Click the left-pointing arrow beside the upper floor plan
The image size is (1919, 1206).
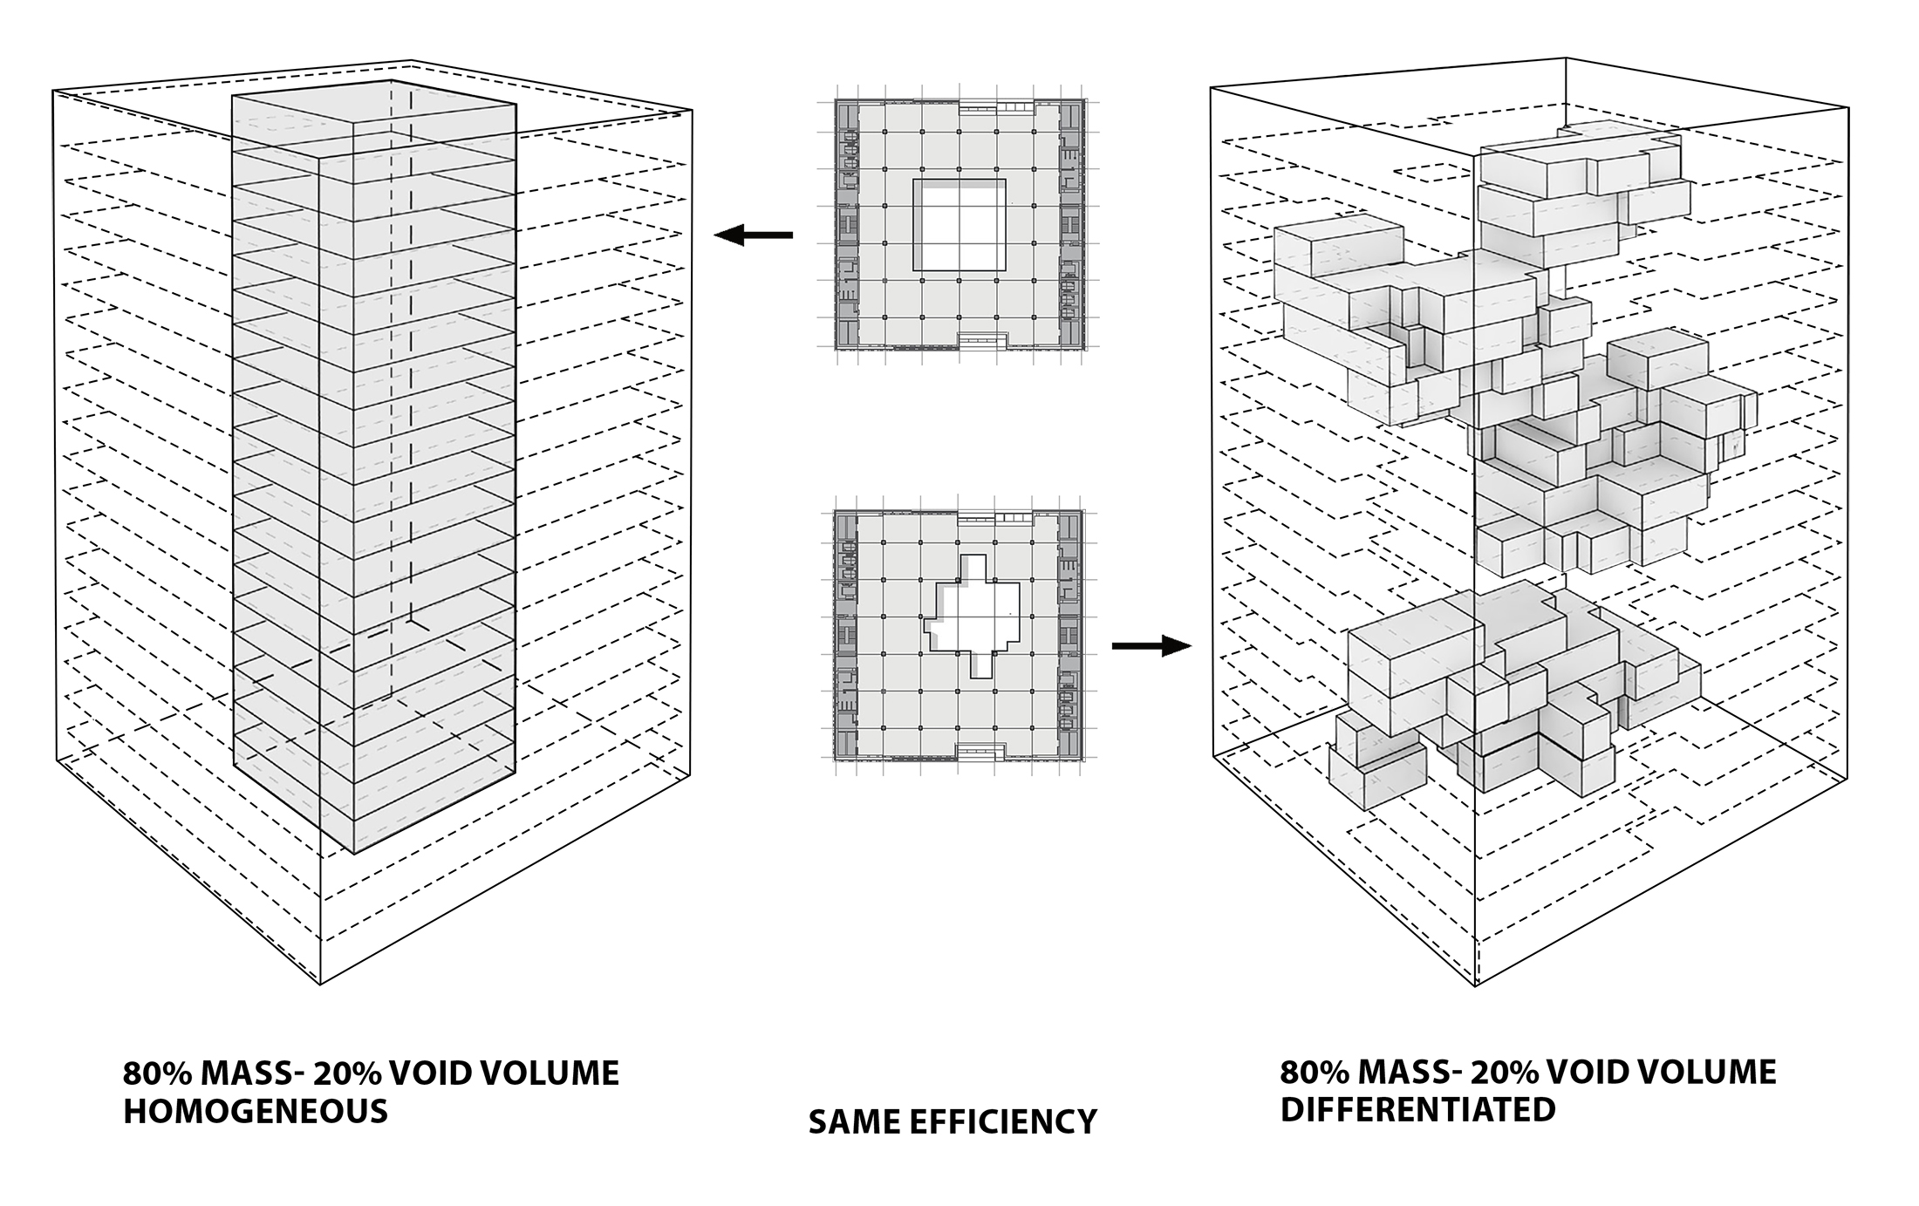[x=754, y=235]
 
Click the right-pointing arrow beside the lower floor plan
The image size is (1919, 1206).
[x=1151, y=646]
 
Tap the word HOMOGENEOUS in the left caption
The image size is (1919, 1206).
[x=255, y=1111]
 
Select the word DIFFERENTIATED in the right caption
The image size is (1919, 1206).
[x=1417, y=1109]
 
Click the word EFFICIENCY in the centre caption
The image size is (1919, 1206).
[x=1003, y=1121]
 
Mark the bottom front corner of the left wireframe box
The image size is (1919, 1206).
[x=320, y=984]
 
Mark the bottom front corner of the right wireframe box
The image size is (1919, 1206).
[x=1475, y=985]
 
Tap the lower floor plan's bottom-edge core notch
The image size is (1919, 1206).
[x=983, y=752]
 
